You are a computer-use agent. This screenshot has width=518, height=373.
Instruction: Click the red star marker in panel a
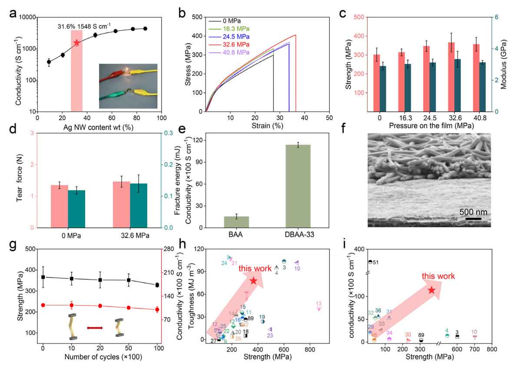tap(77, 43)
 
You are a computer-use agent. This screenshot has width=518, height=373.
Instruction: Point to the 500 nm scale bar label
tap(473, 212)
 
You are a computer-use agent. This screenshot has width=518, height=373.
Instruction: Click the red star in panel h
tap(253, 281)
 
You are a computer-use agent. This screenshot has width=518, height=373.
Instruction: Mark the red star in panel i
tap(432, 290)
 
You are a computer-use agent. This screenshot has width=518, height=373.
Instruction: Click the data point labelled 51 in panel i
tap(370, 262)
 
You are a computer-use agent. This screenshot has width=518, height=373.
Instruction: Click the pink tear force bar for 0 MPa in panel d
tap(60, 206)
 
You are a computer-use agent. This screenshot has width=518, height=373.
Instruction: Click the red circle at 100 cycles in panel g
tap(157, 310)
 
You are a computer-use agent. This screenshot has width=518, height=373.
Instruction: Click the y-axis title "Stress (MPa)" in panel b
tap(188, 64)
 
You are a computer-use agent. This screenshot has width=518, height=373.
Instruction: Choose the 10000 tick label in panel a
tap(25, 17)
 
